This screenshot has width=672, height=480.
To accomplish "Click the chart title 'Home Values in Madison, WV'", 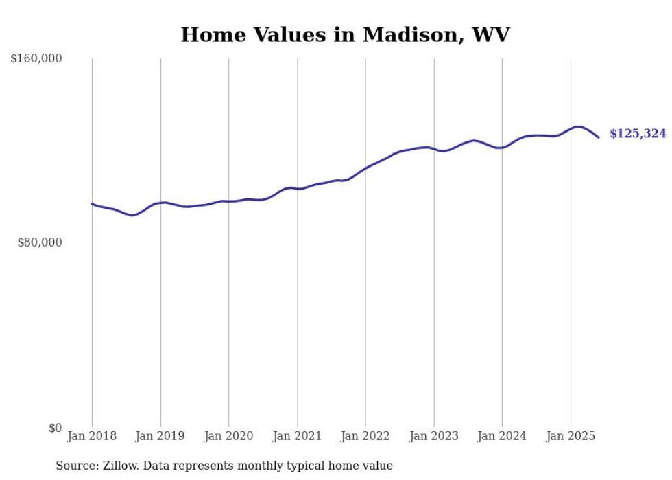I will pos(345,35).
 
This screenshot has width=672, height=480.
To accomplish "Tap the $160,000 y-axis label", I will pos(36,59).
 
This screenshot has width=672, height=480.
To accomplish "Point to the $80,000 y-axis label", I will pos(39,242).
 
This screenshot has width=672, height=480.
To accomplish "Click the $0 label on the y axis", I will pos(55,428).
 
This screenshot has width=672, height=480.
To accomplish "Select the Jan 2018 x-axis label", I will pos(92,436).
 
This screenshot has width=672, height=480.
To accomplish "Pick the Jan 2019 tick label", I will pos(160,436).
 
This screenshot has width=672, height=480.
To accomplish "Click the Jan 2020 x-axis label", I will pos(228,436).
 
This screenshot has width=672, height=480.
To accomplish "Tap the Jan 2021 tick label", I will pos(297,436).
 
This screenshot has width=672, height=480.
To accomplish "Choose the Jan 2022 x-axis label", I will pos(365,436).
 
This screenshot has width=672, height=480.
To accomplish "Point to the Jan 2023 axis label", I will pos(434,436).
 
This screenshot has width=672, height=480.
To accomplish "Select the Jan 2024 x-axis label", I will pos(502,436).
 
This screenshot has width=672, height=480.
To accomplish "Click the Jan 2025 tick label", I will pos(571,436).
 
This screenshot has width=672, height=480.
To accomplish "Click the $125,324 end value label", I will pos(638,134).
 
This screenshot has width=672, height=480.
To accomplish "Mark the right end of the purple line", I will pos(599,137).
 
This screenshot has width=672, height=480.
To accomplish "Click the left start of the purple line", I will pos(92,203).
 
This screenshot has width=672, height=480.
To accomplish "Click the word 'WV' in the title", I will pos(491,35).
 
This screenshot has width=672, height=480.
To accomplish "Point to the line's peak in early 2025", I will pos(577,126).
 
